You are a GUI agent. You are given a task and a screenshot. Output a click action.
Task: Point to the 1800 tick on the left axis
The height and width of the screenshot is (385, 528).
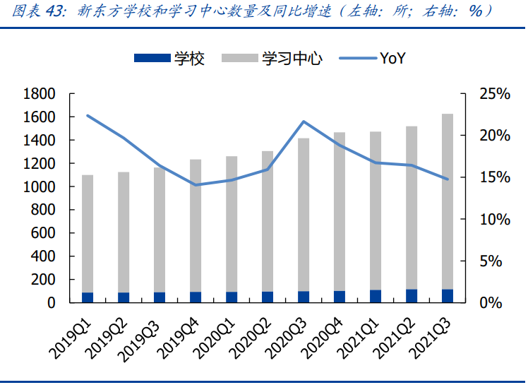(40, 94)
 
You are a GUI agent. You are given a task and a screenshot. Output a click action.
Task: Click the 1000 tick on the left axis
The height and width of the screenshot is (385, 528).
(40, 187)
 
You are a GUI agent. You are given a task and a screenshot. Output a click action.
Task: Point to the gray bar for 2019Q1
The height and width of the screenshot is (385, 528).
(88, 233)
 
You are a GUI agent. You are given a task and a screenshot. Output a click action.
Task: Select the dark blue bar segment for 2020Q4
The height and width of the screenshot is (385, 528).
(340, 297)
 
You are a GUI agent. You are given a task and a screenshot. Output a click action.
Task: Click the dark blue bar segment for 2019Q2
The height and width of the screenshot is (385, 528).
(124, 297)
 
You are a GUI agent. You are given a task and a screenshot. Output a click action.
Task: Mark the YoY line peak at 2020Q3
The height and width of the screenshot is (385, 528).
(304, 122)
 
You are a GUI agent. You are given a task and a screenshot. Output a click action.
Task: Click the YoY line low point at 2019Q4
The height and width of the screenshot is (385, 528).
(196, 185)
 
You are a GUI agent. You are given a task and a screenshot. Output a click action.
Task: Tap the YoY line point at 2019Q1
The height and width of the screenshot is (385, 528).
(88, 115)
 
